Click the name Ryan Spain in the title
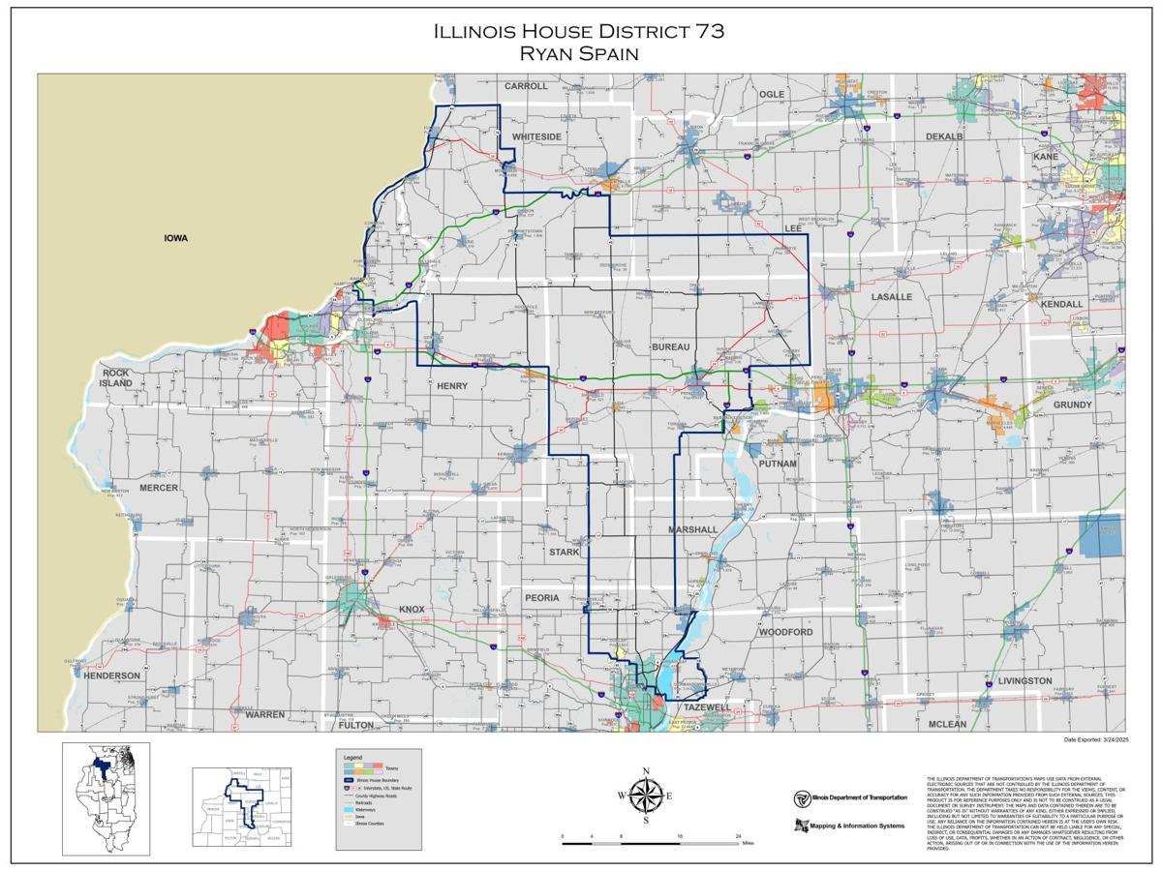[x=579, y=53]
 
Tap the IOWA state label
[x=175, y=238]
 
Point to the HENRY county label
[x=451, y=386]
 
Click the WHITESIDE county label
[x=536, y=136]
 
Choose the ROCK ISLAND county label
[x=115, y=377]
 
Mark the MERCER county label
[x=159, y=488]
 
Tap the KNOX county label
[x=412, y=610]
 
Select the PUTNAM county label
[x=778, y=464]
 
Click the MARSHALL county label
[x=692, y=529]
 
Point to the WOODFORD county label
[x=785, y=631]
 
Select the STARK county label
[x=564, y=552]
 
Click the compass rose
[x=646, y=796]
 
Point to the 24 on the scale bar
[x=739, y=835]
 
